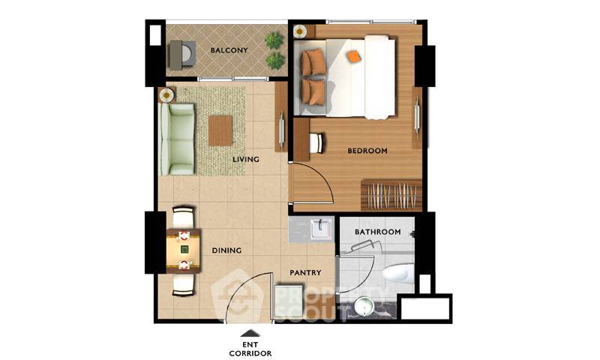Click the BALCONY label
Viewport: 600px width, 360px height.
click(x=229, y=50)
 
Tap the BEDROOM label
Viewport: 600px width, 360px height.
click(x=367, y=151)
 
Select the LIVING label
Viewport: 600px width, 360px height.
click(x=246, y=159)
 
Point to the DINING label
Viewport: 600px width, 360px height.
click(x=227, y=250)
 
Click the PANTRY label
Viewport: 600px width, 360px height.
click(x=305, y=273)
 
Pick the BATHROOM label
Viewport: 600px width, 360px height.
click(x=378, y=232)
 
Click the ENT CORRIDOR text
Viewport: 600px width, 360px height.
click(x=250, y=349)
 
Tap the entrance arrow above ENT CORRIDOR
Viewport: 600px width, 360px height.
click(x=250, y=333)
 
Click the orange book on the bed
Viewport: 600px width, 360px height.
click(x=355, y=56)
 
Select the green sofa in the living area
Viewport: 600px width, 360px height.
click(x=178, y=139)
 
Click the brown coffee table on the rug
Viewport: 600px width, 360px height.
click(x=220, y=130)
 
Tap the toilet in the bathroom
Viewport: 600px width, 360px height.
click(x=398, y=274)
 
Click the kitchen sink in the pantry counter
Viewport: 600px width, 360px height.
click(x=321, y=229)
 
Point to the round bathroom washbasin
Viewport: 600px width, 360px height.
click(x=364, y=307)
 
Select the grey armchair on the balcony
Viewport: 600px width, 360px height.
click(x=182, y=55)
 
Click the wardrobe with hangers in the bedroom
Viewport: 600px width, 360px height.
click(x=391, y=195)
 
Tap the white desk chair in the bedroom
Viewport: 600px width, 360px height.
click(x=316, y=143)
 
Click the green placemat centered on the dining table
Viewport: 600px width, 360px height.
click(x=184, y=250)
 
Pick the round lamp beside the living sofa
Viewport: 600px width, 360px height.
click(x=166, y=95)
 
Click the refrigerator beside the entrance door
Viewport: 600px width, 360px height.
click(x=289, y=301)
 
